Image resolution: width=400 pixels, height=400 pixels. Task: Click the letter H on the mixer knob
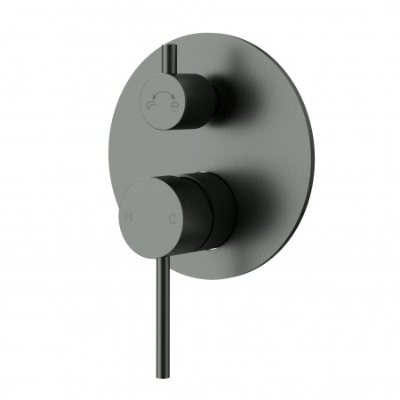(x=129, y=215)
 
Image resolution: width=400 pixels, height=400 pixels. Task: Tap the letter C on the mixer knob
(x=172, y=218)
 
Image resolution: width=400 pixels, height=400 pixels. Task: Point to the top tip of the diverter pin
(x=165, y=46)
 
